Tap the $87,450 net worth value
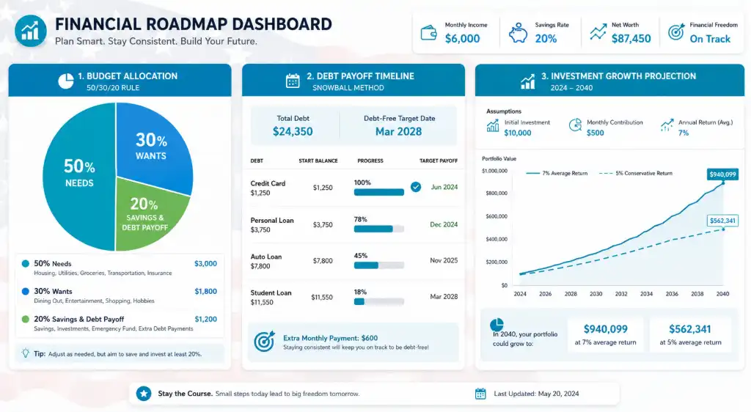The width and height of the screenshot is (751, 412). tap(631, 39)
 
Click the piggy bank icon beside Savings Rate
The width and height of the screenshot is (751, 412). tap(518, 34)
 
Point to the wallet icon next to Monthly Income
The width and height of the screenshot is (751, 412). tap(428, 33)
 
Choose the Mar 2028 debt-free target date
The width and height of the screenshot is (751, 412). tap(398, 132)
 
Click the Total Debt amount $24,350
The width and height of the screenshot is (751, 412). tap(293, 132)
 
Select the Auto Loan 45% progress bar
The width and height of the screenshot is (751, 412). tap(379, 265)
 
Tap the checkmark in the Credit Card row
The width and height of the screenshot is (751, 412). tap(416, 187)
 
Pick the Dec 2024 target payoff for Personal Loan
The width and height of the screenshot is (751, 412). tap(444, 224)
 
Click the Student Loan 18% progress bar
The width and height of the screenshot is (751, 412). tap(379, 301)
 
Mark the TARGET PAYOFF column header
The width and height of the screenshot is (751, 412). tap(439, 161)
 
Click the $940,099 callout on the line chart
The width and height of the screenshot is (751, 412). tap(722, 174)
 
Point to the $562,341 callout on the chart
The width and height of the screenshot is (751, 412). tap(722, 221)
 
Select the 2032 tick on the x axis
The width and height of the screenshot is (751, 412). tap(621, 294)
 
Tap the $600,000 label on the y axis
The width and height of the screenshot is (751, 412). tap(496, 216)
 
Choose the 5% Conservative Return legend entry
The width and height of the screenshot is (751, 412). tap(636, 173)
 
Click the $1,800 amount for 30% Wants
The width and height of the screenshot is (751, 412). tap(205, 292)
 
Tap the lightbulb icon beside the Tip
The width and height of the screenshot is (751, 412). tap(26, 353)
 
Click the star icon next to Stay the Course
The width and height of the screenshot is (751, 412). tap(143, 394)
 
